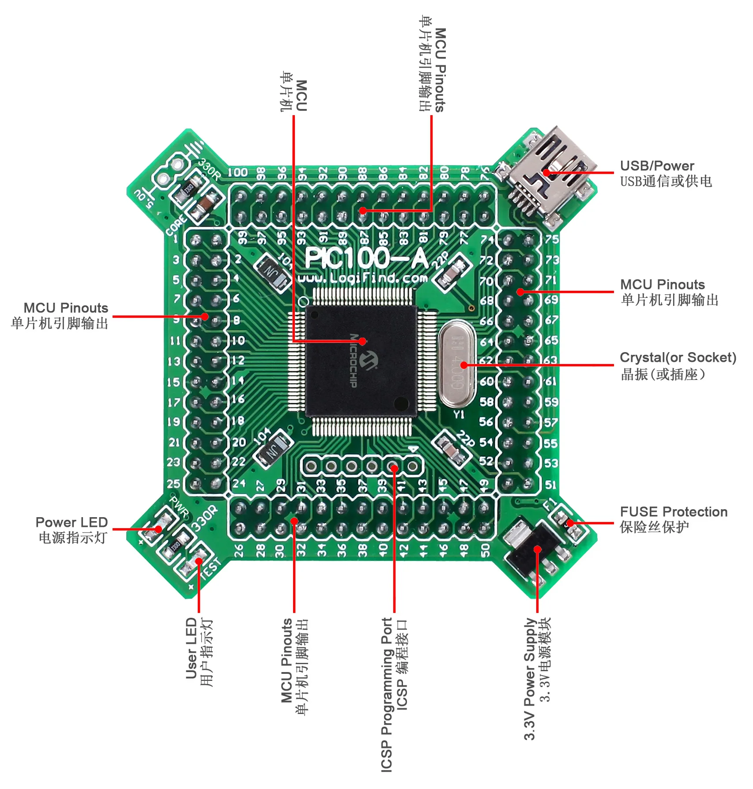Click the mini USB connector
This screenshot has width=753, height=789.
[x=547, y=177]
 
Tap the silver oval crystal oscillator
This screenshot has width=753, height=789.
[x=457, y=364]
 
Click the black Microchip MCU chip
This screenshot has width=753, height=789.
[x=361, y=361]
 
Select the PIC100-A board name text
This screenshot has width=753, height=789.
[x=366, y=258]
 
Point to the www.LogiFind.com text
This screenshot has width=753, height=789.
[x=363, y=278]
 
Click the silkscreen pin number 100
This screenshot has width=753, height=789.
[x=237, y=173]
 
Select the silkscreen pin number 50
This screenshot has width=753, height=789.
[x=485, y=550]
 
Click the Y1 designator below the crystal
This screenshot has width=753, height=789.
[x=459, y=414]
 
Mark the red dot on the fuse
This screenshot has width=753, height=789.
[x=570, y=523]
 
